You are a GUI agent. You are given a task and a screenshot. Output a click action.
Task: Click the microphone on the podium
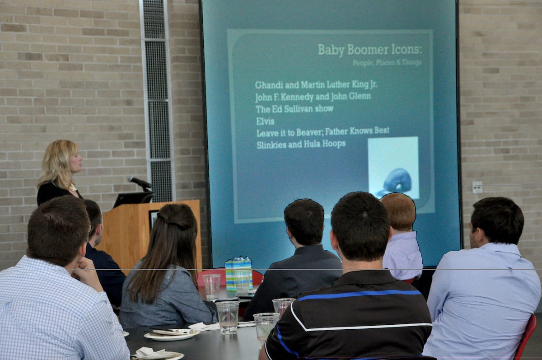(140, 182)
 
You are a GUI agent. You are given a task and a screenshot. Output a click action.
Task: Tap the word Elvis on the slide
(265, 121)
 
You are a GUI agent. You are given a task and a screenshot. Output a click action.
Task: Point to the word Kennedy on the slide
(294, 97)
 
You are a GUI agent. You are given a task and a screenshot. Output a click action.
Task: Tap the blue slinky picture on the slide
(393, 168)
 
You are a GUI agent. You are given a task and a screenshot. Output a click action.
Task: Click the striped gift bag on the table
(238, 273)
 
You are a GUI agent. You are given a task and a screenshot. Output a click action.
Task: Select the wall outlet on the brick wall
(477, 187)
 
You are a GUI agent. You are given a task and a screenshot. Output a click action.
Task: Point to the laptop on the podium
(133, 199)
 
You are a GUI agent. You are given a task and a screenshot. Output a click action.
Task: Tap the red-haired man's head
(398, 212)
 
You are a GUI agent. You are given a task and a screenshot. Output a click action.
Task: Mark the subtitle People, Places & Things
(387, 63)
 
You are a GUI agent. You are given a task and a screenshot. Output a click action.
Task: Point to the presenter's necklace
(73, 187)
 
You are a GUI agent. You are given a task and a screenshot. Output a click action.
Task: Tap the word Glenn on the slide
(360, 96)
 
